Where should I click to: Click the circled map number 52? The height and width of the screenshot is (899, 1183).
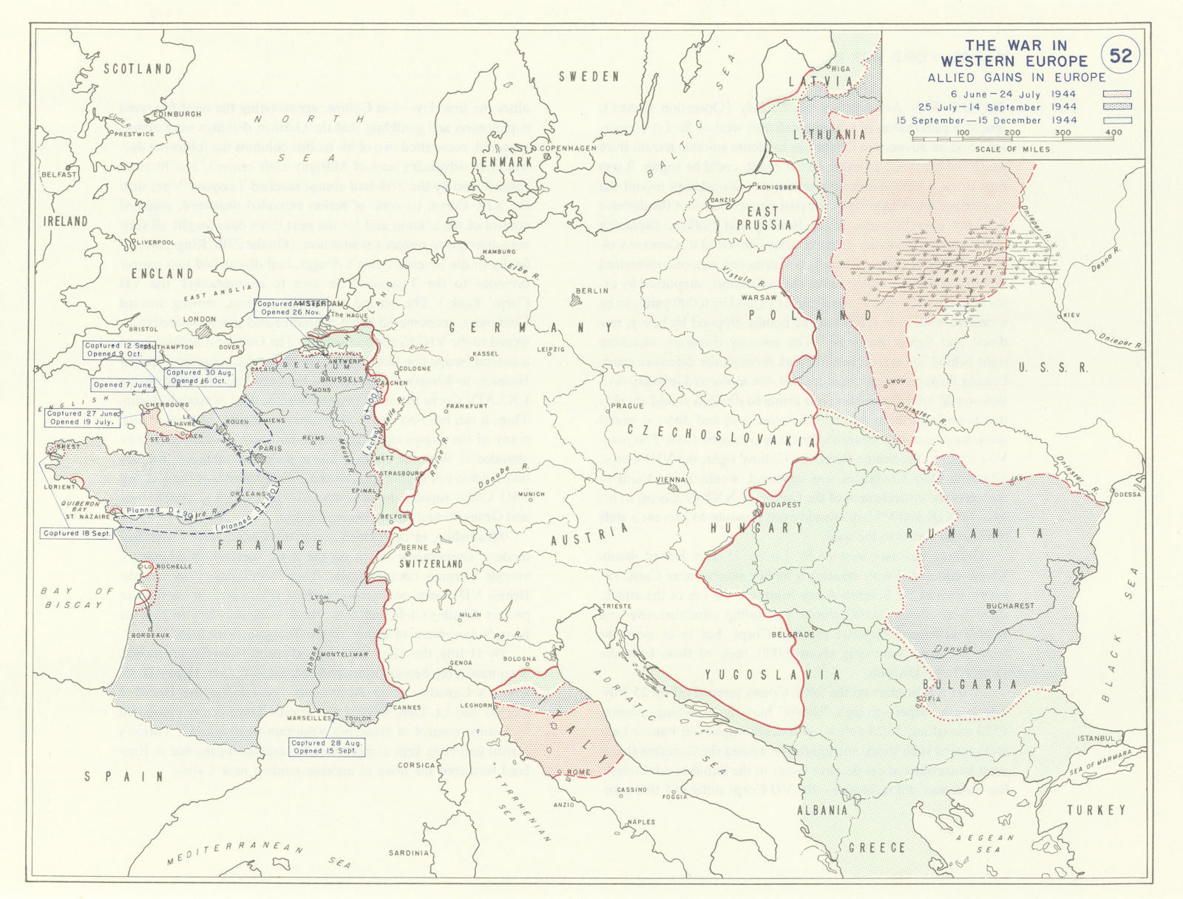click(x=1121, y=55)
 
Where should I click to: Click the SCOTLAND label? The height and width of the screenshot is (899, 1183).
click(x=138, y=69)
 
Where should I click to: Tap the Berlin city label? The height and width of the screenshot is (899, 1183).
click(x=591, y=291)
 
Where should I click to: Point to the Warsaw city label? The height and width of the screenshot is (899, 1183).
click(x=759, y=298)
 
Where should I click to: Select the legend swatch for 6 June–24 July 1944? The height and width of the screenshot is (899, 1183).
click(x=1117, y=95)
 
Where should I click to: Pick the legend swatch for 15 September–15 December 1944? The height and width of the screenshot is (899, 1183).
click(x=1117, y=121)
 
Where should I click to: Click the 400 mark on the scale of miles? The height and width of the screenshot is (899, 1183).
click(x=1113, y=133)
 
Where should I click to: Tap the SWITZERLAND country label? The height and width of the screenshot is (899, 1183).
click(x=431, y=563)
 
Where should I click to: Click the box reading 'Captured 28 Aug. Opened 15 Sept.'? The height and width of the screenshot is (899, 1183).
click(x=325, y=747)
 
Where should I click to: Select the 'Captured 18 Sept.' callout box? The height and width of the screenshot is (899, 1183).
click(x=76, y=533)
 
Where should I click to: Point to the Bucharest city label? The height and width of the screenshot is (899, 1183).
click(x=1011, y=605)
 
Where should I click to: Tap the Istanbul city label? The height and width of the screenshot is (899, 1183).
click(x=1095, y=738)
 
